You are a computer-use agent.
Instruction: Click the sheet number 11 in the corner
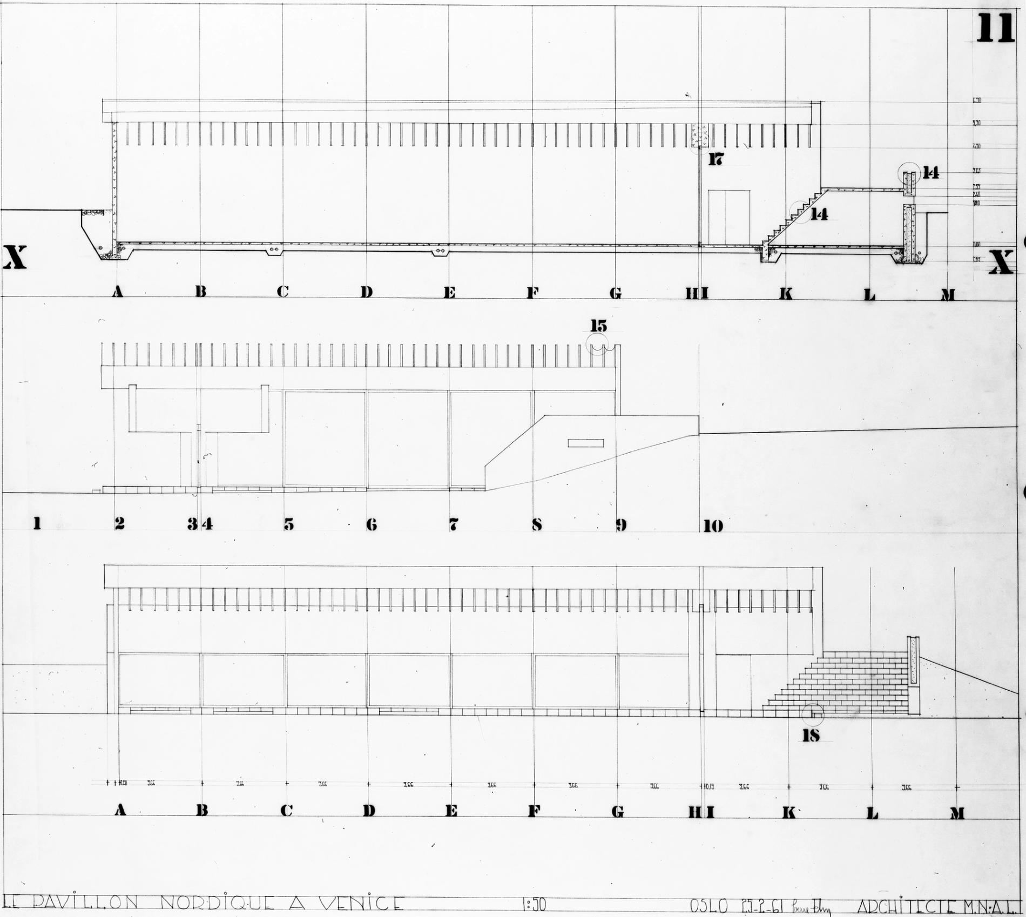coord(996,28)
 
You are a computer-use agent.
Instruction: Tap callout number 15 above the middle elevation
coord(598,326)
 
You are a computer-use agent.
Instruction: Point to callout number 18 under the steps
coord(811,735)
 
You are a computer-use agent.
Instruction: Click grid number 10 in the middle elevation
coord(713,525)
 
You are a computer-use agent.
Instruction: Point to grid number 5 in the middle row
coord(289,524)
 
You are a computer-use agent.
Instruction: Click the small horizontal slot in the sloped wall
coord(585,443)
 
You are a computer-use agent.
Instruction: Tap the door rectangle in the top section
coord(729,217)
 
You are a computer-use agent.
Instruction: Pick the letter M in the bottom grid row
coord(957,813)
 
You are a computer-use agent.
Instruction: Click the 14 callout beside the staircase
coord(819,214)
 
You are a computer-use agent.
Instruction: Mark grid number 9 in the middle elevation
coord(621,524)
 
